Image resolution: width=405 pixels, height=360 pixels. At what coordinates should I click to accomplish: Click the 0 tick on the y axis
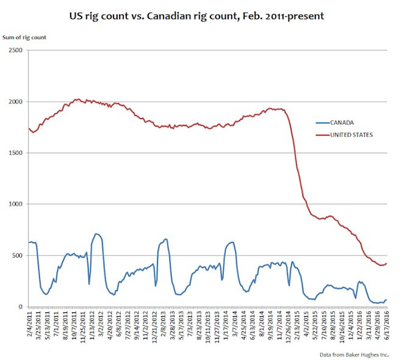20,307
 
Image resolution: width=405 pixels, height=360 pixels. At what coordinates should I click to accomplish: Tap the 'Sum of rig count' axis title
25,37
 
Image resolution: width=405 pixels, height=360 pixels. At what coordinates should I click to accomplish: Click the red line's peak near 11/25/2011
77,99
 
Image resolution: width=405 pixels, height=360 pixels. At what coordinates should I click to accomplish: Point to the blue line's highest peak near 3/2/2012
96,234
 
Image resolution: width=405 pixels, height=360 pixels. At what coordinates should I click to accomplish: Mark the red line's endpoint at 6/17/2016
387,263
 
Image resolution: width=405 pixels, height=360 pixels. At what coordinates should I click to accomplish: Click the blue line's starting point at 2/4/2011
29,243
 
